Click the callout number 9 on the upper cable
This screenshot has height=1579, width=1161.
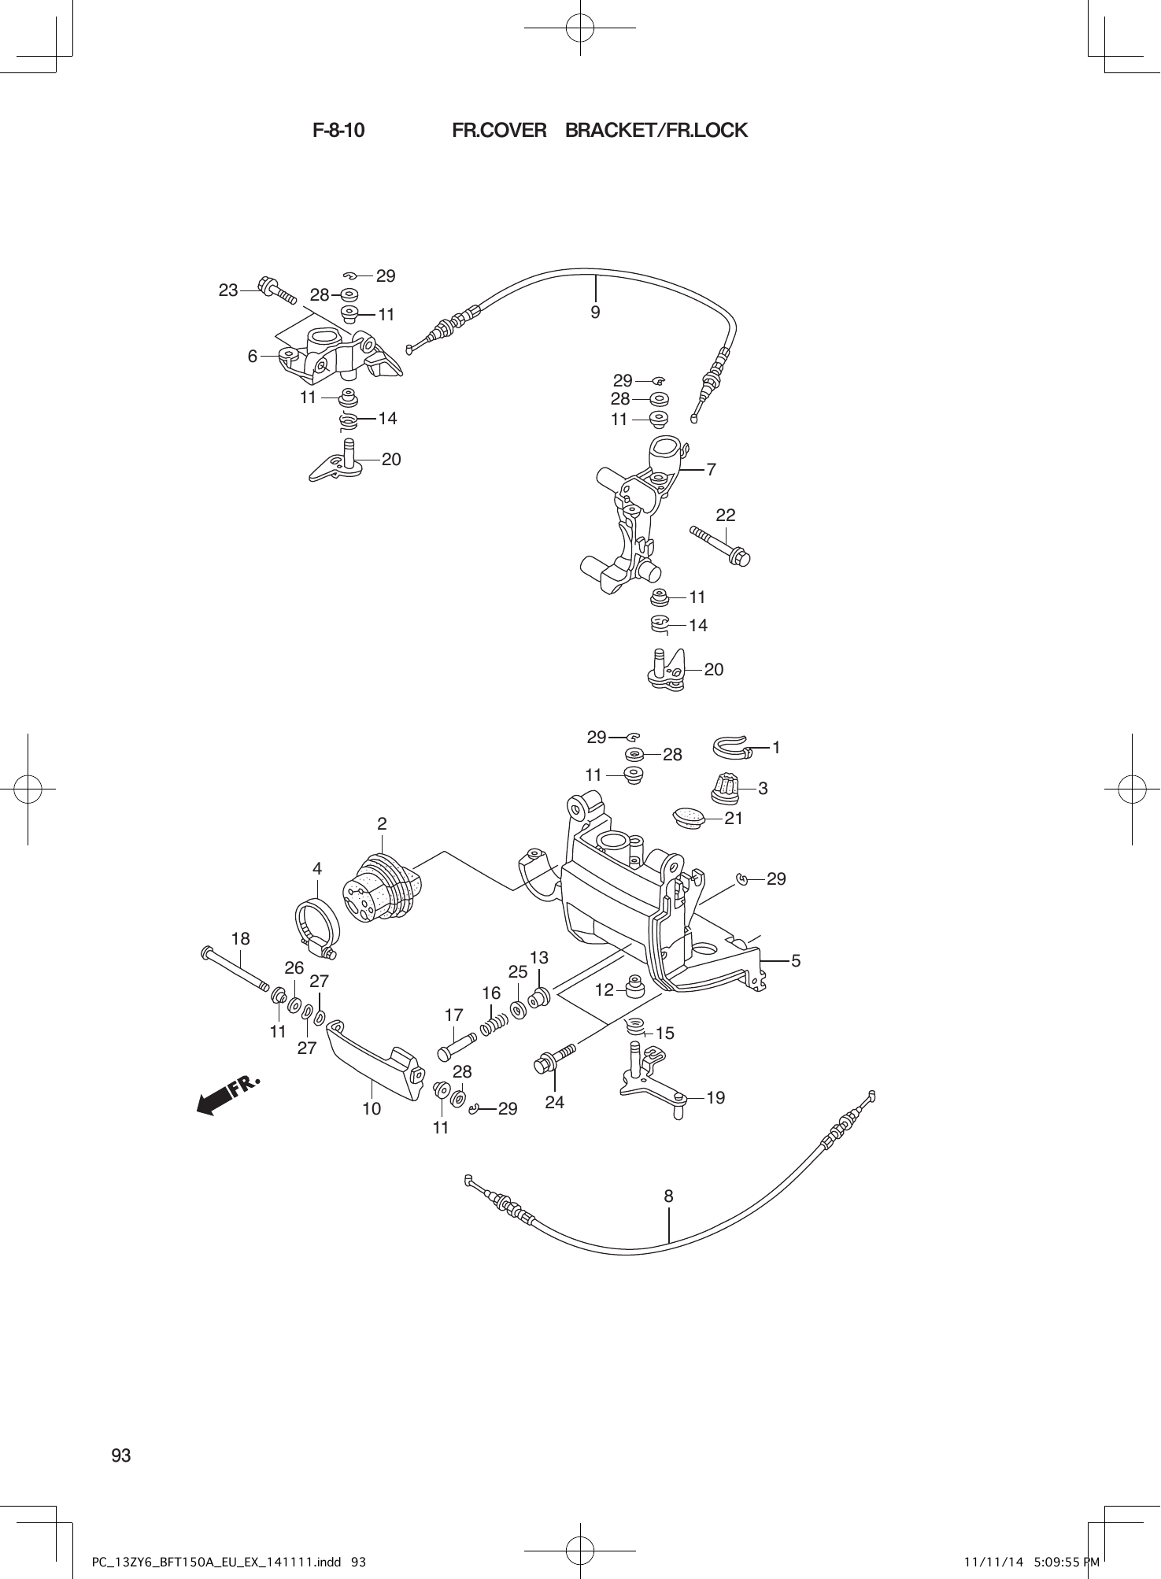pyautogui.click(x=595, y=312)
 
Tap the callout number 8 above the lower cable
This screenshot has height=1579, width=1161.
pyautogui.click(x=668, y=1196)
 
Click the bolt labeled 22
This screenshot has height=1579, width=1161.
pyautogui.click(x=720, y=545)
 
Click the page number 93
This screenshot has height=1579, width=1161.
pyautogui.click(x=121, y=1455)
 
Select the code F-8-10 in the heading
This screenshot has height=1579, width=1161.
pyautogui.click(x=338, y=131)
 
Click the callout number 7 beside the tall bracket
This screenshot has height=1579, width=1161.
pyautogui.click(x=711, y=470)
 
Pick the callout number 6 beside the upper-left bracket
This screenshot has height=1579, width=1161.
pyautogui.click(x=253, y=357)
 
